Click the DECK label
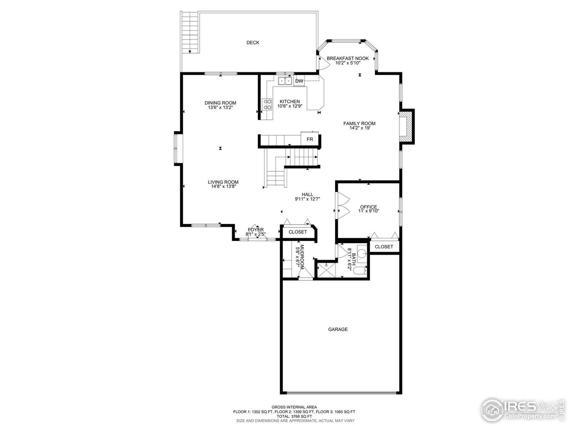253,43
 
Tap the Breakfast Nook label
347,58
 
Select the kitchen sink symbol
284,81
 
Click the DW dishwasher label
299,81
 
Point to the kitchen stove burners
268,104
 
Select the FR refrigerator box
310,139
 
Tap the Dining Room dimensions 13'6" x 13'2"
221,107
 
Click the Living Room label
223,182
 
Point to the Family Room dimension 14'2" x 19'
359,128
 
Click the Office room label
368,207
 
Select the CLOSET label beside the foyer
298,232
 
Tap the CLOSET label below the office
384,247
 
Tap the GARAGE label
338,329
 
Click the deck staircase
189,33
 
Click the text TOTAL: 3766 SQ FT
295,416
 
